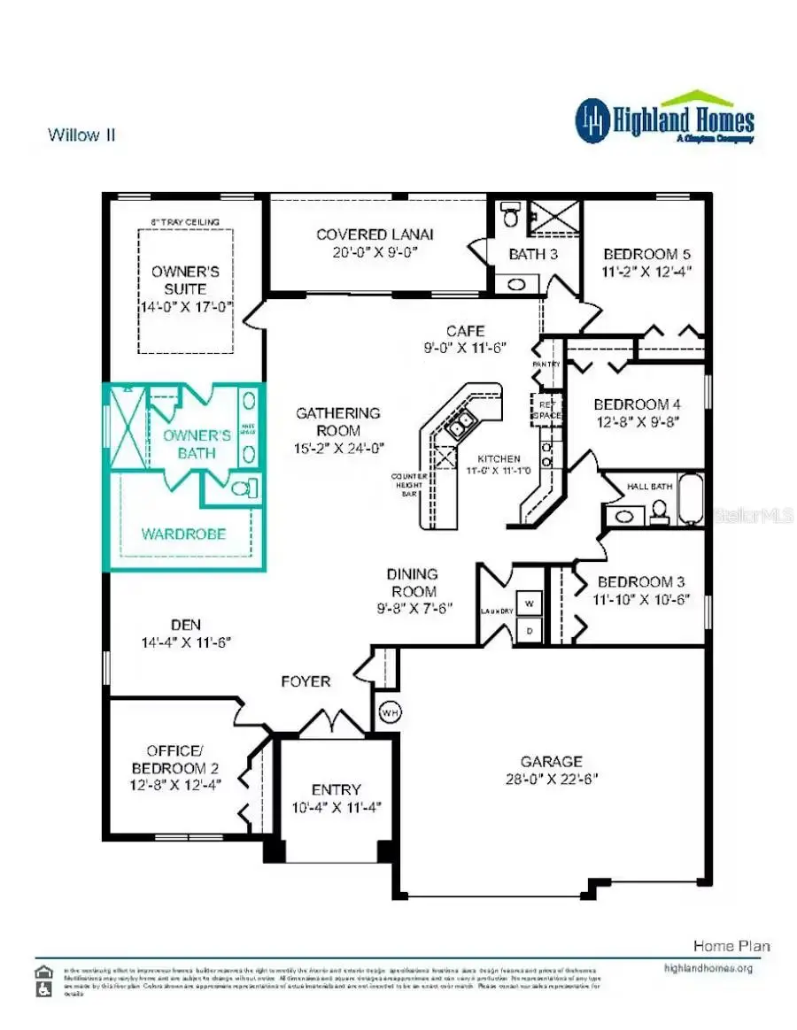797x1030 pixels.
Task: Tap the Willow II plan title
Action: [x=81, y=135]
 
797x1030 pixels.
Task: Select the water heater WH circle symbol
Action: [x=389, y=711]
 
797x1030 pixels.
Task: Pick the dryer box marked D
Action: [x=529, y=630]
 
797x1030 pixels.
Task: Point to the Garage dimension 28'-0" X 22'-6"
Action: [x=551, y=780]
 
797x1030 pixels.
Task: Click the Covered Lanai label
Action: [x=375, y=234]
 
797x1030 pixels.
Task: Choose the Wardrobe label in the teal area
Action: [x=183, y=534]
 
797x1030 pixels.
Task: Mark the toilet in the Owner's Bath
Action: [x=242, y=488]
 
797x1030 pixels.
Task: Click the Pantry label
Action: [x=546, y=364]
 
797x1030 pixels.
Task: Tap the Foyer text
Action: [x=306, y=681]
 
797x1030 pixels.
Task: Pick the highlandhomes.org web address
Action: [x=708, y=968]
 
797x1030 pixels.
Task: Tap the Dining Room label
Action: [x=414, y=582]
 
